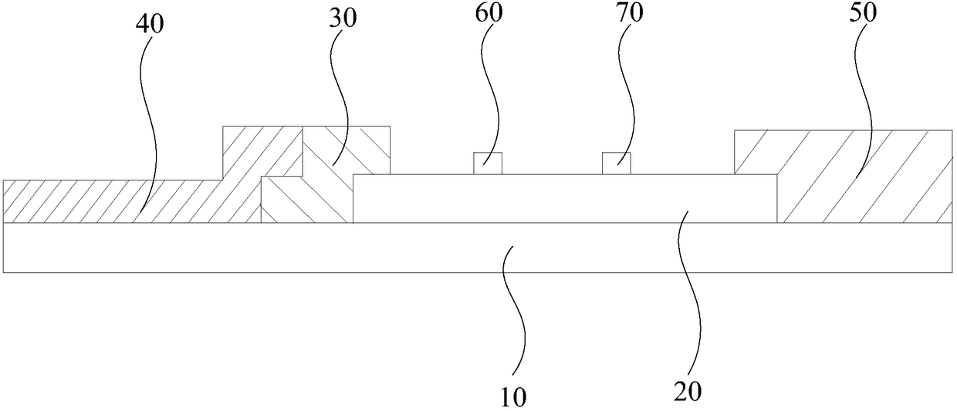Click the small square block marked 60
click(488, 163)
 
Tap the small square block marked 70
click(617, 163)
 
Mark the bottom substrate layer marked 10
click(309, 248)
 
